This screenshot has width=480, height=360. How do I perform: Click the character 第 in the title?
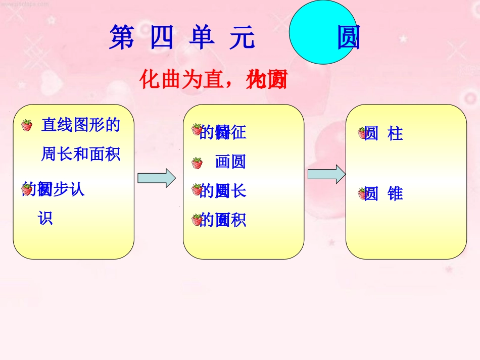click(x=121, y=38)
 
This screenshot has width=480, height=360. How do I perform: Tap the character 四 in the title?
click(x=161, y=38)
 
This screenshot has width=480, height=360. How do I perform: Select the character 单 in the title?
click(x=202, y=38)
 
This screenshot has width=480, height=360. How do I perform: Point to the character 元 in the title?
click(x=242, y=38)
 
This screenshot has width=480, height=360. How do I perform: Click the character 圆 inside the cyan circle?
click(x=348, y=38)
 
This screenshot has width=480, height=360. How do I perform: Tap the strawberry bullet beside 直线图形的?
click(x=27, y=125)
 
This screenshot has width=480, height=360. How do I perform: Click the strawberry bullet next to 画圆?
click(x=197, y=163)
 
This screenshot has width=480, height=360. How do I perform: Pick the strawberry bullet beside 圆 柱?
click(x=363, y=133)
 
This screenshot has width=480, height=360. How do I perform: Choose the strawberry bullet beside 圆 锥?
click(x=363, y=193)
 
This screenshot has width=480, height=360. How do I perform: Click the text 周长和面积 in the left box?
click(x=81, y=154)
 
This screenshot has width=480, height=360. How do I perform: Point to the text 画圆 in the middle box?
click(x=230, y=162)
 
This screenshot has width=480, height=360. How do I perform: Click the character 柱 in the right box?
click(x=395, y=134)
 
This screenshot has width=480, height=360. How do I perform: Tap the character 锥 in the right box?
click(x=395, y=194)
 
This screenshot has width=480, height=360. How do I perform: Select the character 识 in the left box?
click(x=45, y=219)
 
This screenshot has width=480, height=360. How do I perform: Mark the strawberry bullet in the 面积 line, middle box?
click(x=197, y=220)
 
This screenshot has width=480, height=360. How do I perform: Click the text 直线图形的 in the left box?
click(x=81, y=125)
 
